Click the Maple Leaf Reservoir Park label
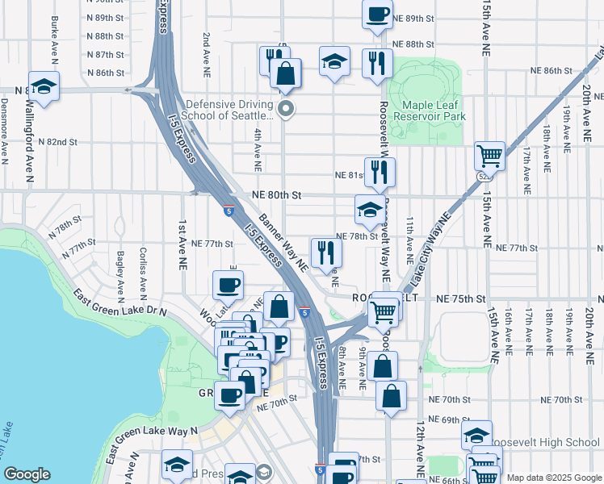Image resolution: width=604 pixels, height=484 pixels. [x=429, y=111]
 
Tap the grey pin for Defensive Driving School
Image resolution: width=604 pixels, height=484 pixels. [x=285, y=108]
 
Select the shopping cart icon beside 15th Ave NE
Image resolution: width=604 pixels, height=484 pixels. [x=489, y=154]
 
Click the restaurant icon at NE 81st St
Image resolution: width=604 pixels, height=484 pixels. [x=379, y=171]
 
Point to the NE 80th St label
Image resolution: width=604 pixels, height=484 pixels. [x=276, y=195]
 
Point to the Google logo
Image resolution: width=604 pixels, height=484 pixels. [x=27, y=474]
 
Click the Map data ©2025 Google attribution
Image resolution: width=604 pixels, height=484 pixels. [x=553, y=478]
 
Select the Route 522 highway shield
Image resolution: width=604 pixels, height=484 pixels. [x=484, y=174]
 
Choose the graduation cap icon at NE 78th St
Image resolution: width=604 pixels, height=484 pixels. [x=369, y=211]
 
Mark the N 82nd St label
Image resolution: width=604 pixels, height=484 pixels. [x=61, y=142]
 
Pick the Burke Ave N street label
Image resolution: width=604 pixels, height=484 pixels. [x=55, y=29]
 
